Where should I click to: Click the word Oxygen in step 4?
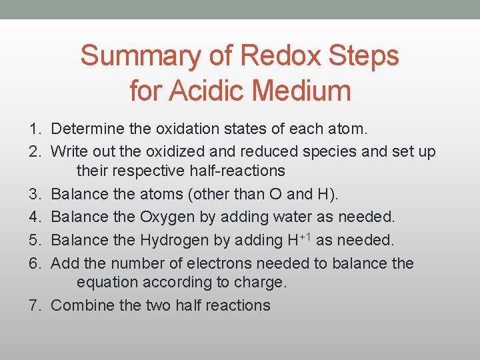[167, 217]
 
